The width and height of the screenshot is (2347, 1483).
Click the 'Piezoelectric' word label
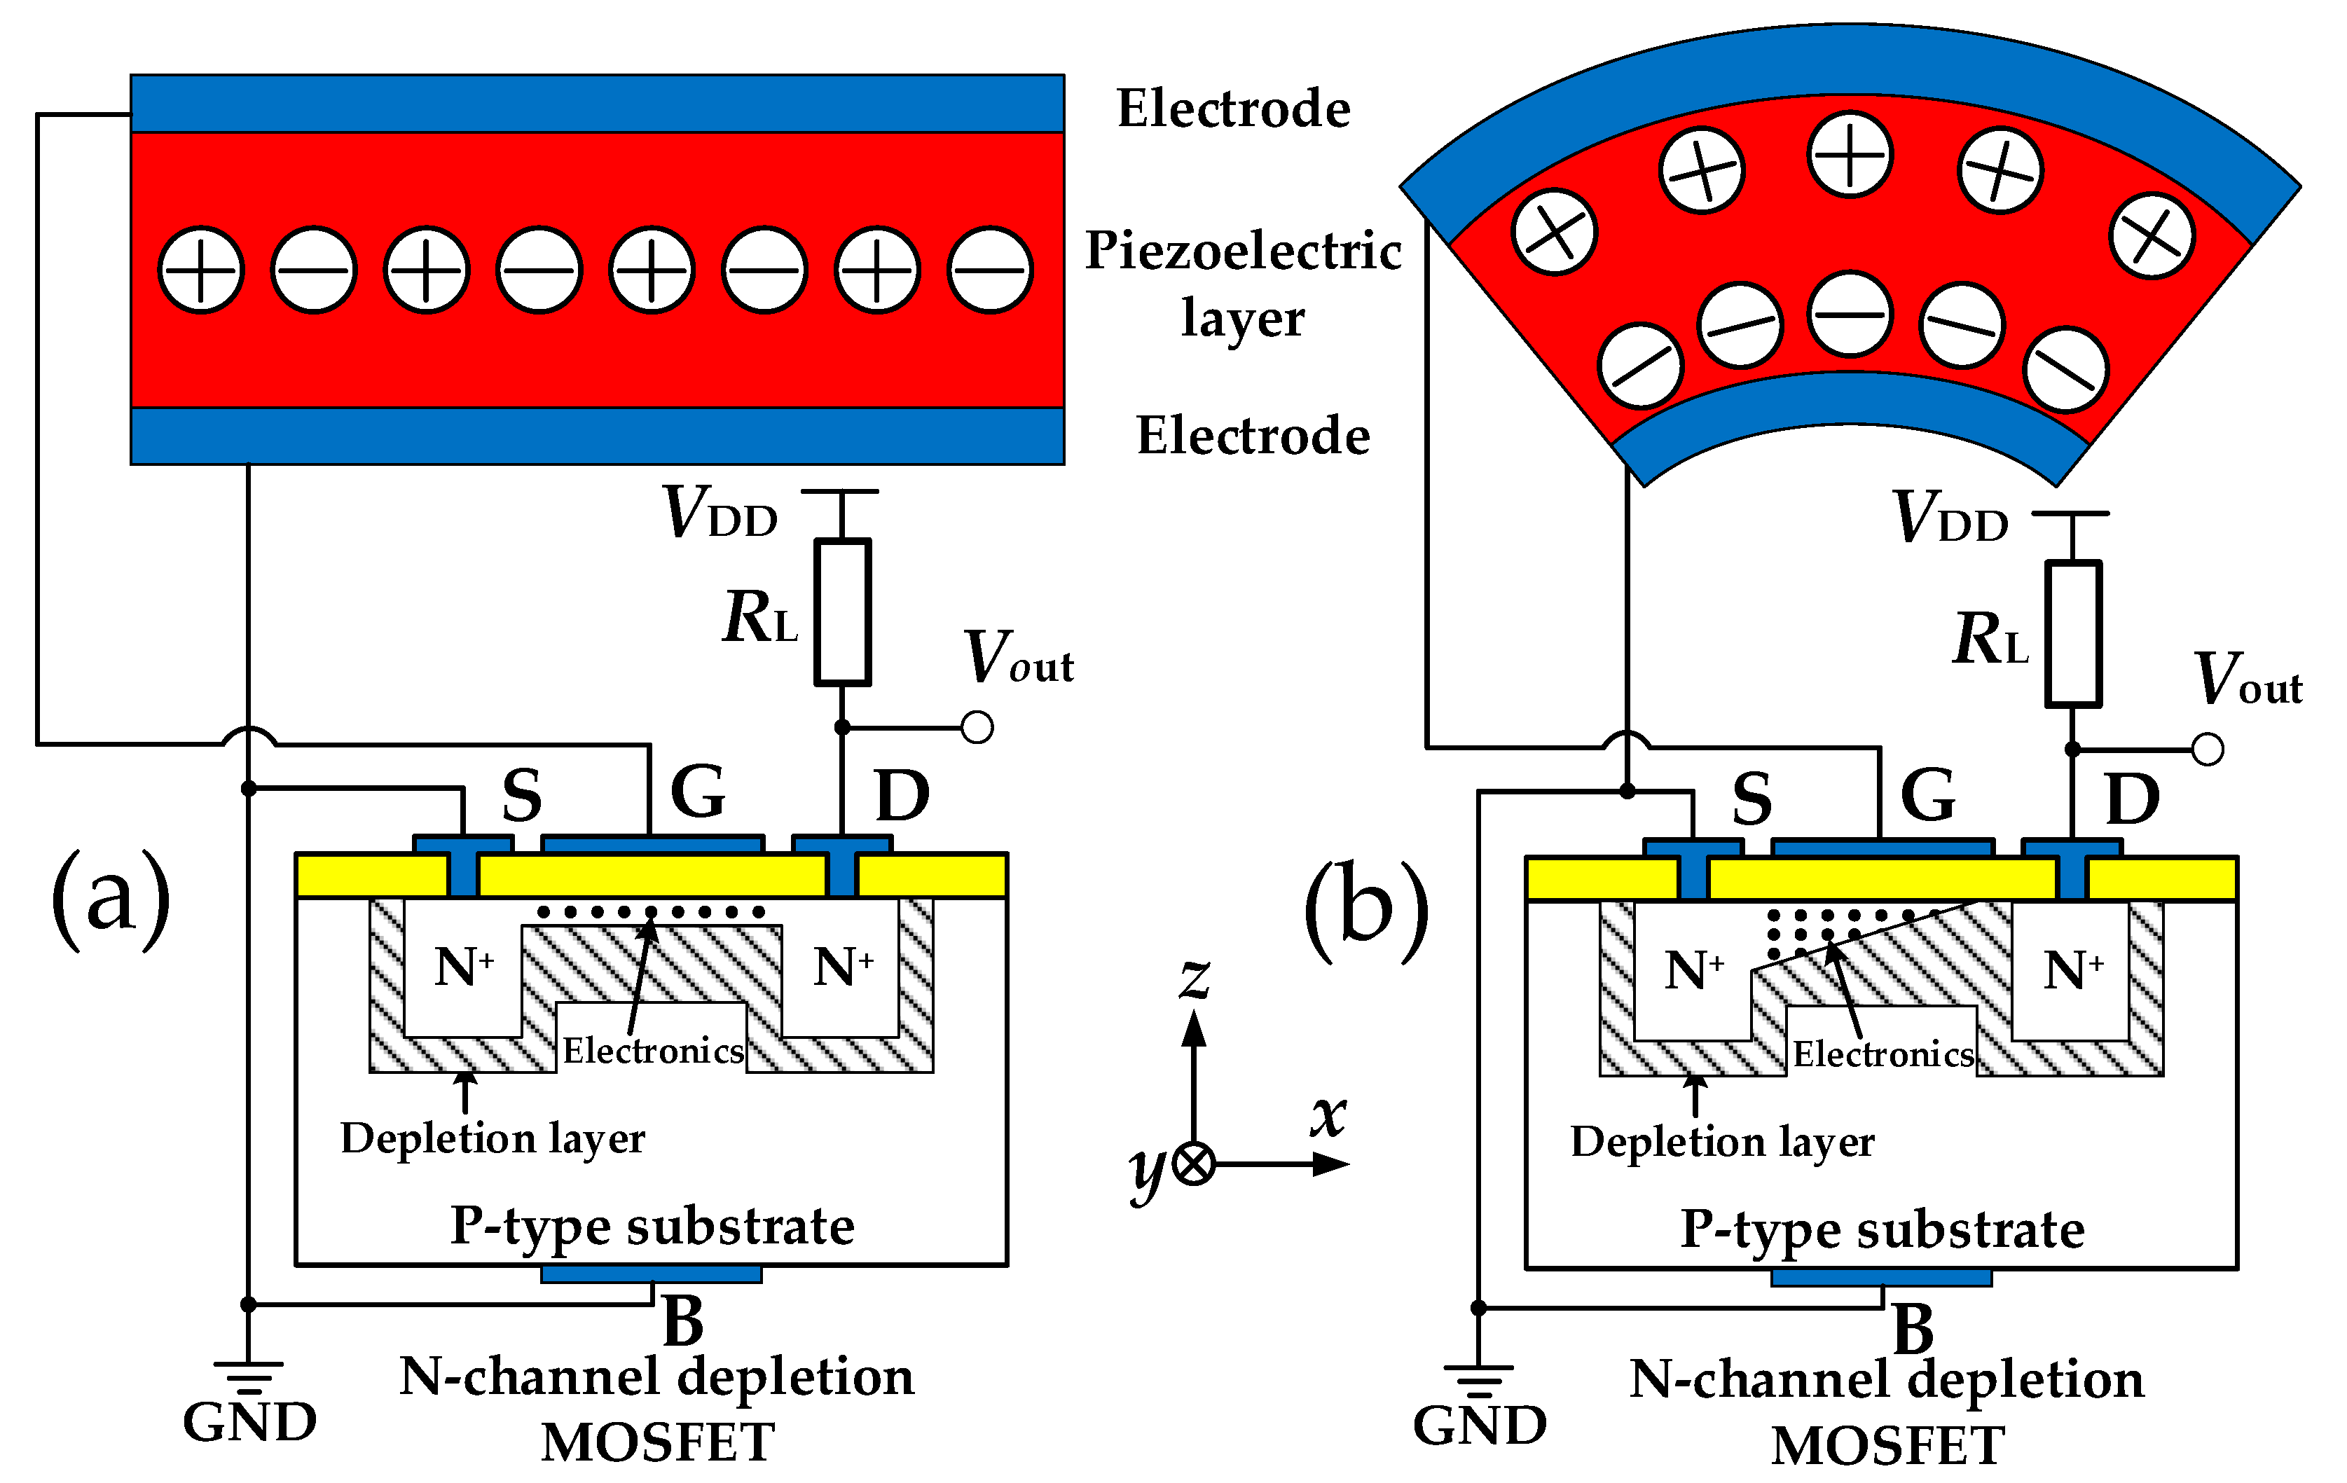click(x=1244, y=251)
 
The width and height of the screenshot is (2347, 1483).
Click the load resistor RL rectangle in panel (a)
click(x=842, y=612)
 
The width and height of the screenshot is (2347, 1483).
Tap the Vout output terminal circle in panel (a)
click(x=977, y=727)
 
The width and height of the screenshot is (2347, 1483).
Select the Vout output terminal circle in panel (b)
click(x=2208, y=750)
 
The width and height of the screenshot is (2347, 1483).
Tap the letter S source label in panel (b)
click(x=1751, y=799)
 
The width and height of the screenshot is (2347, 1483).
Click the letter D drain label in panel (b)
click(x=2133, y=799)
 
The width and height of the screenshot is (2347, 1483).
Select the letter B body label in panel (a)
click(x=683, y=1321)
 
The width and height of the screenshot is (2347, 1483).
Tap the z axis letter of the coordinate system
click(x=1195, y=977)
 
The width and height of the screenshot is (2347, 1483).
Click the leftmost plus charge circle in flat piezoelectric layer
click(x=201, y=270)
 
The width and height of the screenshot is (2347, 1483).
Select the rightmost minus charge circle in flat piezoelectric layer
click(x=990, y=270)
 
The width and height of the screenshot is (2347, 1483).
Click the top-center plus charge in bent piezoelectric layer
click(x=1850, y=155)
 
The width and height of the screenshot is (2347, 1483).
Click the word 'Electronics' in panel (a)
click(x=653, y=1050)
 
